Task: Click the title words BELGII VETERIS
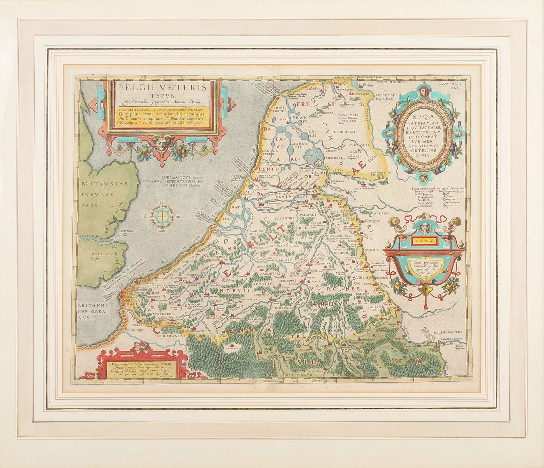[163, 87]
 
